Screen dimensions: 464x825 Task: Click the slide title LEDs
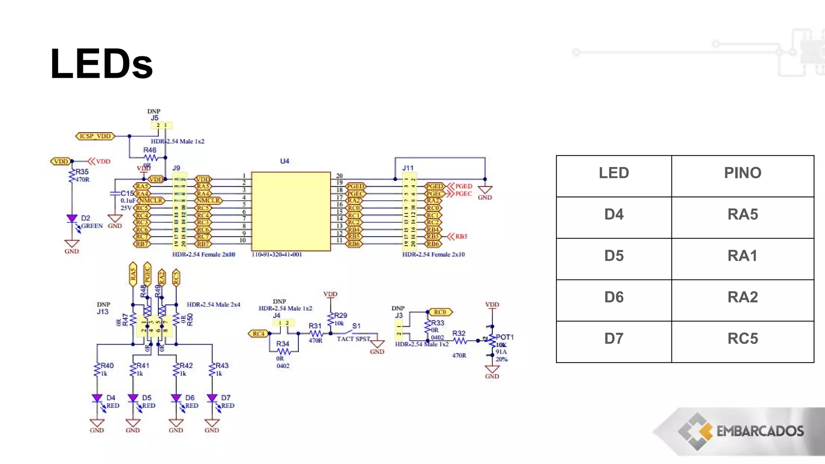pyautogui.click(x=101, y=64)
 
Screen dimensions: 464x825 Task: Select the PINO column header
pyautogui.click(x=742, y=173)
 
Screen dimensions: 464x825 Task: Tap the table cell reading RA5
pyautogui.click(x=742, y=214)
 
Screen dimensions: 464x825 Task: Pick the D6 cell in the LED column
pyautogui.click(x=614, y=297)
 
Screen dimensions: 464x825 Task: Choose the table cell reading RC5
pyautogui.click(x=742, y=339)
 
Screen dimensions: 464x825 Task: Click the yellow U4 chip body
pyautogui.click(x=291, y=211)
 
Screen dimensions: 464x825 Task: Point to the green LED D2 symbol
pyautogui.click(x=72, y=219)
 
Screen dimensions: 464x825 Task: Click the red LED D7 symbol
pyautogui.click(x=212, y=398)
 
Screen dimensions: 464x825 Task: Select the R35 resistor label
pyautogui.click(x=82, y=172)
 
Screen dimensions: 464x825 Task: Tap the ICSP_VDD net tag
pyautogui.click(x=95, y=136)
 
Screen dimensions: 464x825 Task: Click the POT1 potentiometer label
pyautogui.click(x=504, y=337)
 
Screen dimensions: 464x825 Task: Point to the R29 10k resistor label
pyautogui.click(x=340, y=315)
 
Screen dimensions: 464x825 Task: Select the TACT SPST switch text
pyautogui.click(x=353, y=339)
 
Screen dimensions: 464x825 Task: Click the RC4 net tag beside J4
pyautogui.click(x=258, y=333)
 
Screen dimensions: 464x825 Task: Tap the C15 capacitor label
pyautogui.click(x=127, y=193)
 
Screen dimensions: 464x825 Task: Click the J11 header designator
pyautogui.click(x=408, y=168)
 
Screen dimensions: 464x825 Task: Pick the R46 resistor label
pyautogui.click(x=149, y=150)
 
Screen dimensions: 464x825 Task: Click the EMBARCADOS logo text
pyautogui.click(x=760, y=431)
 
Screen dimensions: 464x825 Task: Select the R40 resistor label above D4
pyautogui.click(x=107, y=366)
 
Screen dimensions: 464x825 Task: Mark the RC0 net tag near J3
pyautogui.click(x=440, y=312)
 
